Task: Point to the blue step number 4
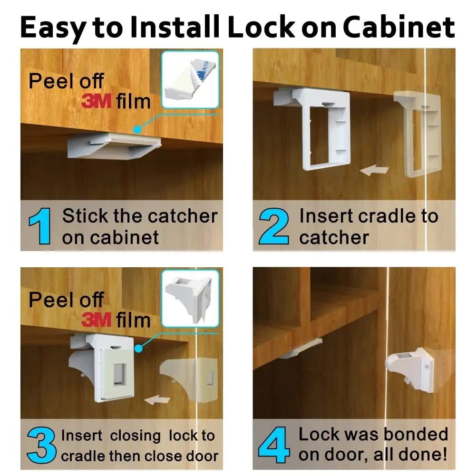pos(275,445)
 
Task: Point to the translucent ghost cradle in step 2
pos(418,133)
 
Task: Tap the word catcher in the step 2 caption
pos(334,237)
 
